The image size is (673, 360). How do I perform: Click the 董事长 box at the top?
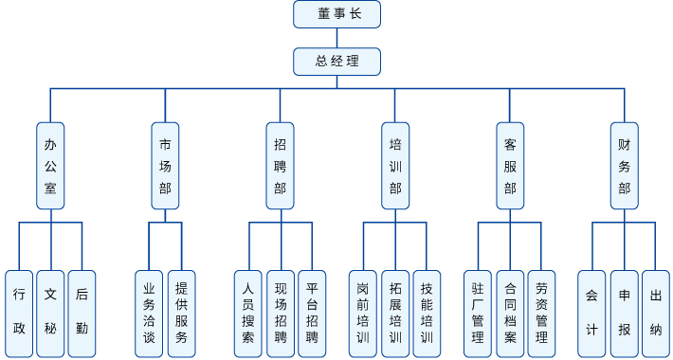[336, 14]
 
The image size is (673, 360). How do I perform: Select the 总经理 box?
[336, 62]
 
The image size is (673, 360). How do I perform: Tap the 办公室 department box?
[50, 166]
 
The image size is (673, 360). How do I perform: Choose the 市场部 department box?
[165, 166]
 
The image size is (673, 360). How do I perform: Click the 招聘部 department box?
[280, 166]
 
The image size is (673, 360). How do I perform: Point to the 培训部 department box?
[395, 166]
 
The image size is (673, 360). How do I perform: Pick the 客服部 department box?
[510, 166]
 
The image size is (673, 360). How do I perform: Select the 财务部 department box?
[624, 166]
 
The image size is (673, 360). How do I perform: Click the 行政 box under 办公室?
[19, 313]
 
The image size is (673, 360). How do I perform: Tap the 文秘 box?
[50, 313]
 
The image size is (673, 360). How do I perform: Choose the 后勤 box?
[82, 313]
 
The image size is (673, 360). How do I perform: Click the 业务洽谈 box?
[149, 313]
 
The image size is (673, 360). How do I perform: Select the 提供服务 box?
[181, 313]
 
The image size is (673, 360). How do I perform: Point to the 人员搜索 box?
[248, 313]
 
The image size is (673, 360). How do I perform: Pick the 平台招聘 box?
[312, 313]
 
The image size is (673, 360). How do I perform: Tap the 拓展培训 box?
[395, 313]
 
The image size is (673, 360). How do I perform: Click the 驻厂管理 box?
[478, 313]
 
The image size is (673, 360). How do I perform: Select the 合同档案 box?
[510, 313]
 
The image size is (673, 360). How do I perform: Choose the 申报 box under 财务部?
[624, 313]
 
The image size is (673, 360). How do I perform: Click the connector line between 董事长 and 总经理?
[336, 38]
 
